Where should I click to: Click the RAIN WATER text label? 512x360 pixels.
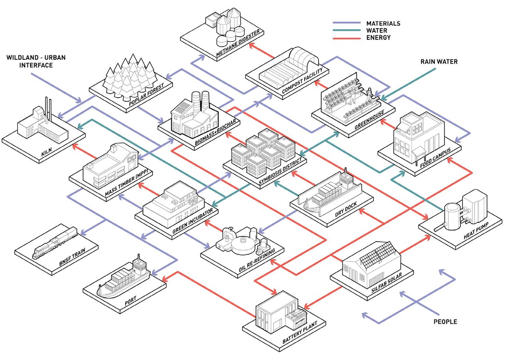[439, 62]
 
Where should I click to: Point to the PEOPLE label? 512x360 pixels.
[445, 322]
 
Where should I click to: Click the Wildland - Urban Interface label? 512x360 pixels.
[35, 61]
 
